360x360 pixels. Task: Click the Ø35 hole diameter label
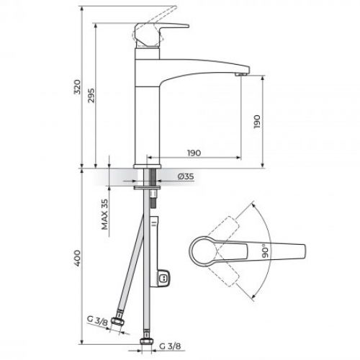pos(186,176)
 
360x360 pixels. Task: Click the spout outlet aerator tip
pos(241,74)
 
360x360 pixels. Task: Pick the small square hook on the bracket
pos(165,275)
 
